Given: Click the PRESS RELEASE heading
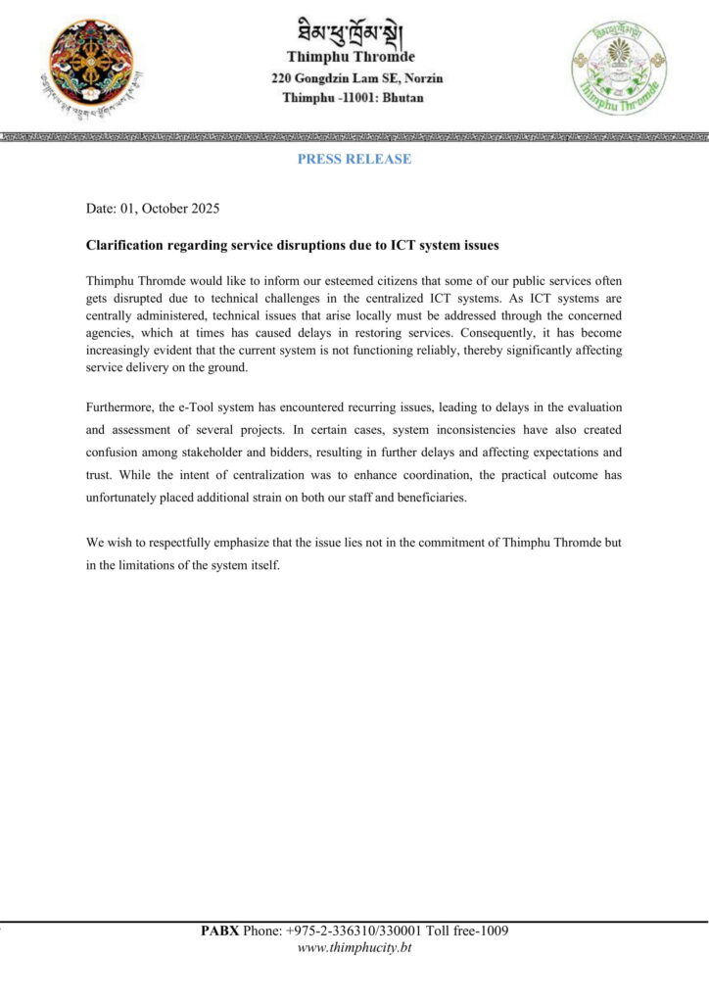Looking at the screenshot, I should (x=354, y=159).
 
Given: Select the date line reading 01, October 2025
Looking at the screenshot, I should (x=153, y=209).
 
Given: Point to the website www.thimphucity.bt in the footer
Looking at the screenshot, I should (x=354, y=947).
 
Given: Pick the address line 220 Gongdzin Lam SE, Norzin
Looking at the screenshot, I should (x=354, y=77).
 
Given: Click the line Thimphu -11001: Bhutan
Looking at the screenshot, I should (x=354, y=97).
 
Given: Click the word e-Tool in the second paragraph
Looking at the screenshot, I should (x=198, y=406).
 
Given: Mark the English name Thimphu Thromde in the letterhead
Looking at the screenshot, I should (x=354, y=57).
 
